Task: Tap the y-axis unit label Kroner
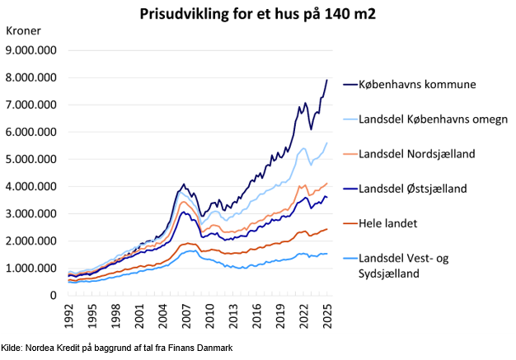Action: [x=24, y=31]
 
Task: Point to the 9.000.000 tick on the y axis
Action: [x=32, y=50]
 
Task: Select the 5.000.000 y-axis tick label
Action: [x=32, y=159]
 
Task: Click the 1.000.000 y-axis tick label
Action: [x=32, y=269]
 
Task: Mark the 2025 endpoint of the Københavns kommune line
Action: [x=327, y=80]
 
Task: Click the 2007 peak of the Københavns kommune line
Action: [x=184, y=185]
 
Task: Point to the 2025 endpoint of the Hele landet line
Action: [x=327, y=229]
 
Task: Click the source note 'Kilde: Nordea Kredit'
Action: [x=117, y=349]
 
